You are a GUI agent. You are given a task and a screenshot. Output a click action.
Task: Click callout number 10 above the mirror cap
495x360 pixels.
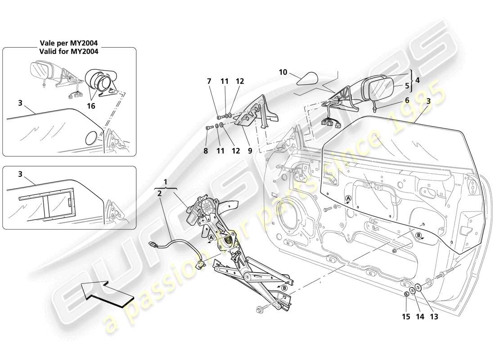[282, 72]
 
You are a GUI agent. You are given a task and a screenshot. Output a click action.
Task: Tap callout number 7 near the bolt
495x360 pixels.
[209, 81]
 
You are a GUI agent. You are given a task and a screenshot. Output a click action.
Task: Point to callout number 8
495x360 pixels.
[206, 152]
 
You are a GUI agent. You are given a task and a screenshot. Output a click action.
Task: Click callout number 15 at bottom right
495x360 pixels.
[406, 316]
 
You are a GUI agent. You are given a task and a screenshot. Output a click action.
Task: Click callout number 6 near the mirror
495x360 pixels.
[407, 100]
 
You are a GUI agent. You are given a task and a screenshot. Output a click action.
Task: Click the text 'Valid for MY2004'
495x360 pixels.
[68, 51]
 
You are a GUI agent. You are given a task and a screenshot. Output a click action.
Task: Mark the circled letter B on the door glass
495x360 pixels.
[418, 235]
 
